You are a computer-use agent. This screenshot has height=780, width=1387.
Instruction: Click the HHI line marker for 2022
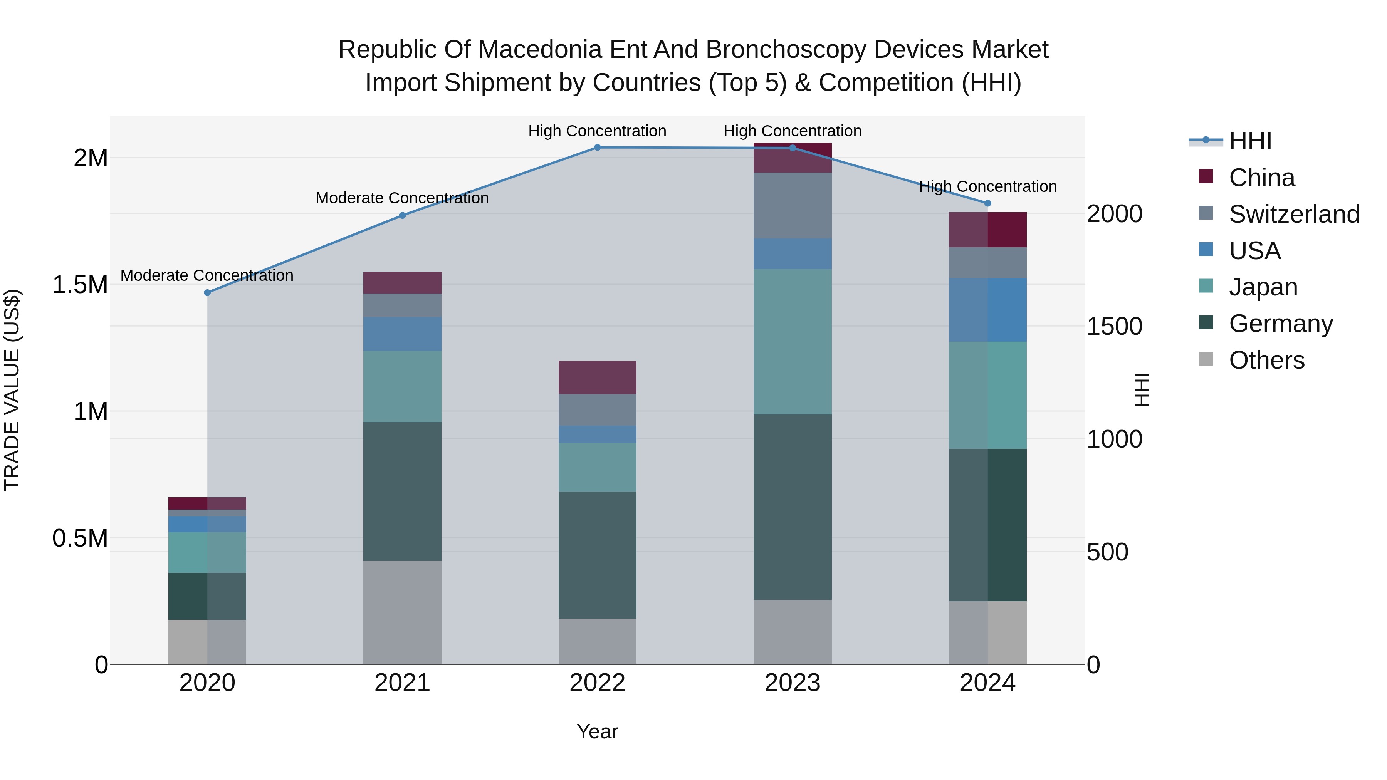[597, 148]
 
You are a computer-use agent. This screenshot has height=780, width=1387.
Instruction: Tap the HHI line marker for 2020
[207, 293]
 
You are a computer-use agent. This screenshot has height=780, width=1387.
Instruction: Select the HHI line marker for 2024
[987, 203]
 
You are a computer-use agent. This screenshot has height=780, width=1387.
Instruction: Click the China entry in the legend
[1261, 178]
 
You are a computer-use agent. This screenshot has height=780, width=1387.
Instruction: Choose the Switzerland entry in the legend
[1294, 214]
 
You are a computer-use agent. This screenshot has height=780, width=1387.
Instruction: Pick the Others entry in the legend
[1266, 360]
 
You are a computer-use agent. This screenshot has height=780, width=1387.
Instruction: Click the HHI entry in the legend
[1250, 141]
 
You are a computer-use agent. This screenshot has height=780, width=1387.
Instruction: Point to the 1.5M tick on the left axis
[80, 285]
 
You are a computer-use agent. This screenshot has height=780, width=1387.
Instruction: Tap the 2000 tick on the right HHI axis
[1114, 214]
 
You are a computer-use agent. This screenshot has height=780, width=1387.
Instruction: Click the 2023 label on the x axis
[792, 683]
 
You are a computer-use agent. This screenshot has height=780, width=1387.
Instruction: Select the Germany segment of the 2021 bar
[402, 491]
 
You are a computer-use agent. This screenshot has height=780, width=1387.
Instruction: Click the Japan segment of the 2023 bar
[792, 341]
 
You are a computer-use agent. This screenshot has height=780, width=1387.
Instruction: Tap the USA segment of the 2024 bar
[987, 310]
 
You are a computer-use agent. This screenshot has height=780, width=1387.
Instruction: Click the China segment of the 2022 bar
[597, 377]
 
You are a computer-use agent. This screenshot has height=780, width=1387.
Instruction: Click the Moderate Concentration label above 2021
[402, 198]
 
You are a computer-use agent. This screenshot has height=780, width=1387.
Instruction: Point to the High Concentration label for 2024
[987, 187]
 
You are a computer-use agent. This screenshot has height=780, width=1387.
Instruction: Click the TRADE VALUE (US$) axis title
[12, 390]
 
